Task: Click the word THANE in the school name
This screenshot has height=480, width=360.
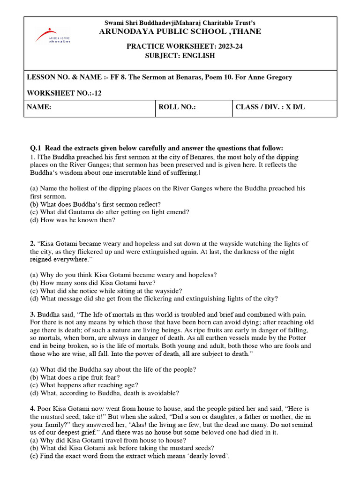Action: click(x=247, y=31)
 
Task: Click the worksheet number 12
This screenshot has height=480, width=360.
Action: click(x=97, y=93)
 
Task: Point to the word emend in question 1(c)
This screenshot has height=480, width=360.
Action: click(x=179, y=212)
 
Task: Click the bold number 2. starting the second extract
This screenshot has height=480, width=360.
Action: click(x=32, y=244)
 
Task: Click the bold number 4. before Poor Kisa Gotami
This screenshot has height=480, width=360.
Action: click(x=32, y=409)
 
